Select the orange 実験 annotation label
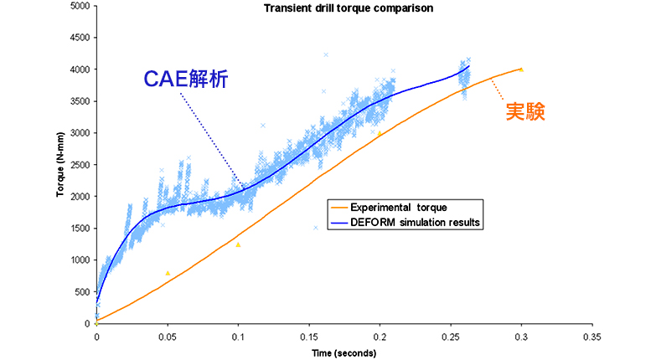pyautogui.click(x=524, y=111)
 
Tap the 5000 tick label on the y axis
pyautogui.click(x=80, y=6)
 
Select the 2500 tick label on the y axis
pyautogui.click(x=80, y=165)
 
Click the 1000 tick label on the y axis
pyautogui.click(x=80, y=260)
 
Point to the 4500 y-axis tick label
pyautogui.click(x=80, y=38)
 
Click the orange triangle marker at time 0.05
pyautogui.click(x=168, y=273)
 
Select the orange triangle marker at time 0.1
pyautogui.click(x=238, y=244)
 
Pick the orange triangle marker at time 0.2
pyautogui.click(x=380, y=133)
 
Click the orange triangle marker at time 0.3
pyautogui.click(x=521, y=69)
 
